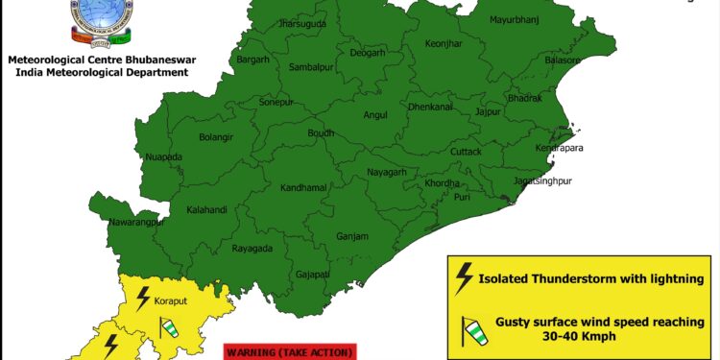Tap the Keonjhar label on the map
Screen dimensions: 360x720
[x=444, y=72]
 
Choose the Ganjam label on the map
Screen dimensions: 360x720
[x=352, y=236]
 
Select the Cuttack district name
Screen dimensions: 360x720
[x=467, y=152]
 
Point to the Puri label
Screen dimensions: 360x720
[x=463, y=197]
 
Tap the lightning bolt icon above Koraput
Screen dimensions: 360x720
[x=143, y=296]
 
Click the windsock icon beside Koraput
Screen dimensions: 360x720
[x=170, y=327]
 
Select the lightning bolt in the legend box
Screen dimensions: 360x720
[x=465, y=277]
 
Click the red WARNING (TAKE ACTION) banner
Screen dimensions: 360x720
[x=289, y=352]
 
